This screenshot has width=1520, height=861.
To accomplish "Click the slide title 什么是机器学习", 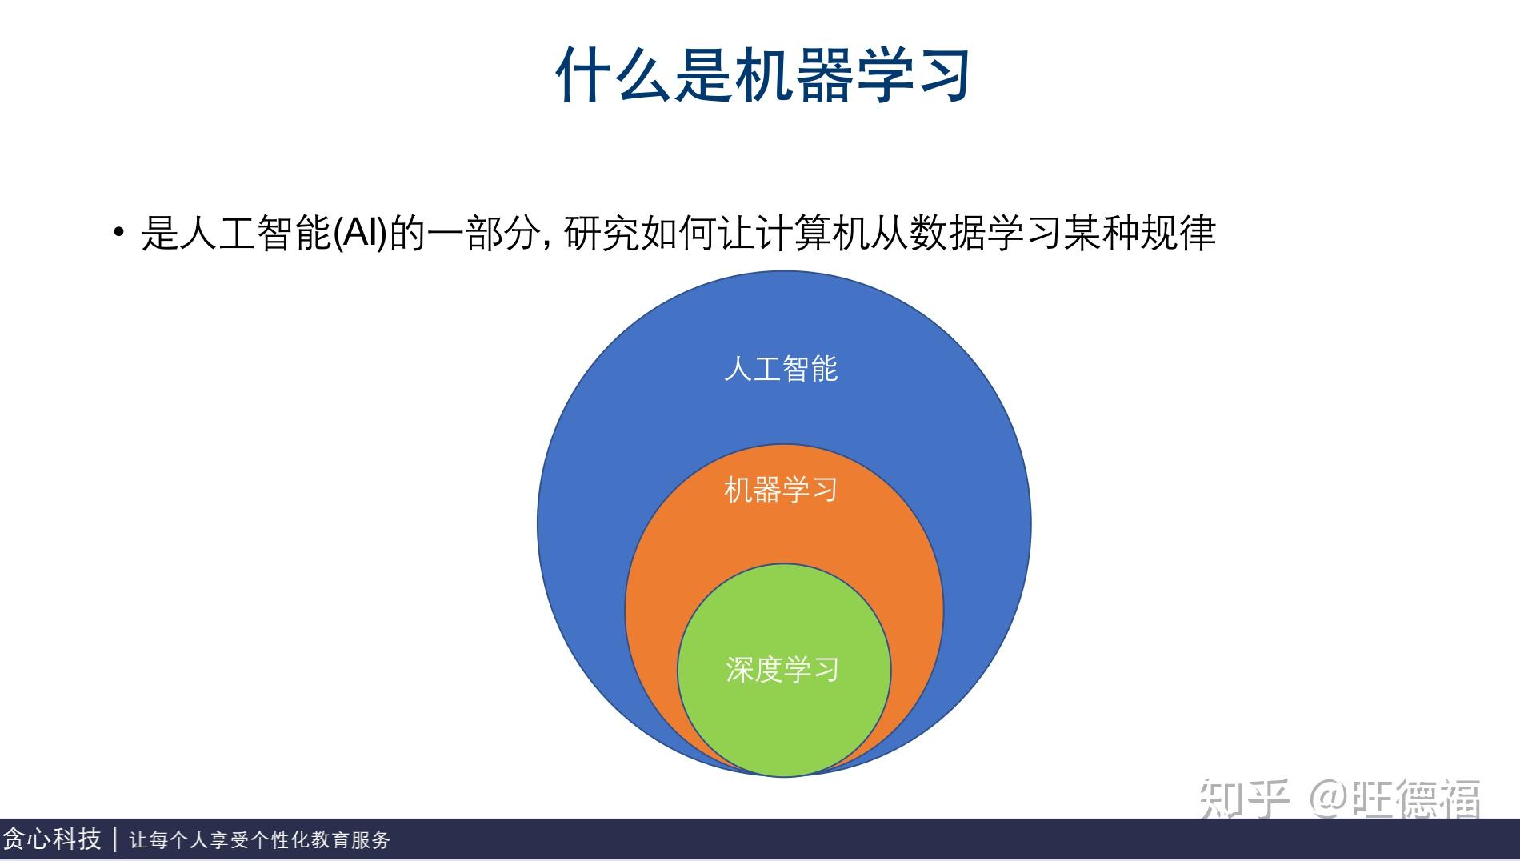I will (x=763, y=74).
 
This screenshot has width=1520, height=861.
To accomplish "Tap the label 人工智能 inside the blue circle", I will (x=780, y=369).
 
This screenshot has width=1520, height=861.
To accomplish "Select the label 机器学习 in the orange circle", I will (x=780, y=489).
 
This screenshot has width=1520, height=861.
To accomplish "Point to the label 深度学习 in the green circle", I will (x=782, y=669).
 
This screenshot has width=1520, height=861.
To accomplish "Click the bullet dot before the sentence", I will (x=119, y=233).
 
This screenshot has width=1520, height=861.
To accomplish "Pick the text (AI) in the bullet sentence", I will (x=360, y=234).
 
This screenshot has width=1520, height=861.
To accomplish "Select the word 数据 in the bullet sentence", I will (x=947, y=234).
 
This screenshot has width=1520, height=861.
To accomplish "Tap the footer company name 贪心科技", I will (x=51, y=839).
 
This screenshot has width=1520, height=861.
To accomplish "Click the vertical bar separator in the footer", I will (x=116, y=839).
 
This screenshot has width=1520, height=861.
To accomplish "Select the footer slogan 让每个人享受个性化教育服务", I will (x=260, y=839).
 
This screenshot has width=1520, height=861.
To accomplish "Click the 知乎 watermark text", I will (x=1245, y=799).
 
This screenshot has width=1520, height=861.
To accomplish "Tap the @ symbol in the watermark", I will (x=1328, y=799).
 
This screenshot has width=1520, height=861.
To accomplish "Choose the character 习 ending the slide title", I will (x=943, y=74).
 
